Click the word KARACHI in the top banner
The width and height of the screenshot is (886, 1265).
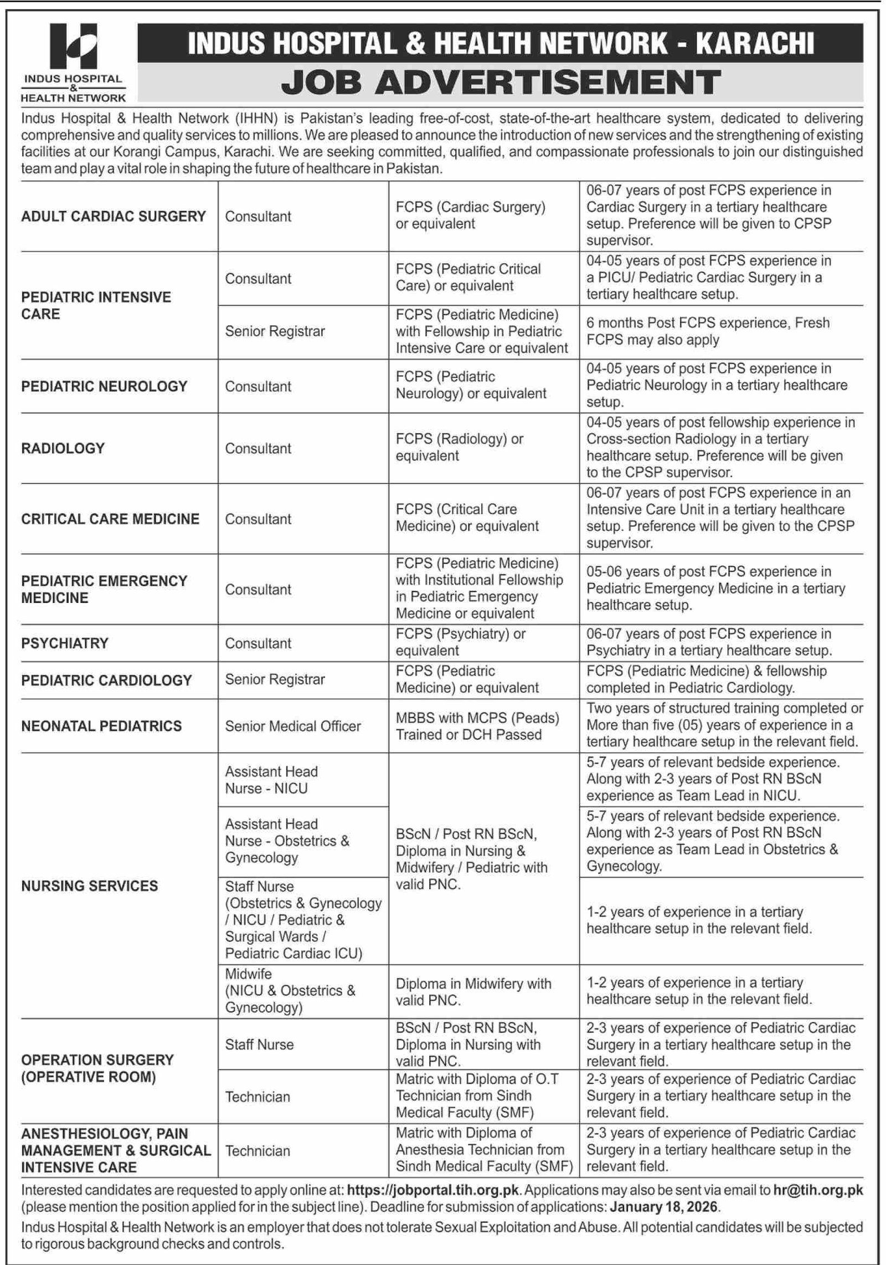point(754,43)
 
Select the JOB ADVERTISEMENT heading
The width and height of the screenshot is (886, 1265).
point(501,83)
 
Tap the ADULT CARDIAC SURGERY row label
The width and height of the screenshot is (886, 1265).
point(114,216)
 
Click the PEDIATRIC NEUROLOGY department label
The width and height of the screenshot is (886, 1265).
point(104,386)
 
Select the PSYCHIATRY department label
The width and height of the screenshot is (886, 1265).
point(65,643)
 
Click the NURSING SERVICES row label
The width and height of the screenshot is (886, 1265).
point(89,885)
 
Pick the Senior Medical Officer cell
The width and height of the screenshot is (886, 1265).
point(292,726)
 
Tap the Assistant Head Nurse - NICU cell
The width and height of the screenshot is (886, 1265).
point(271,780)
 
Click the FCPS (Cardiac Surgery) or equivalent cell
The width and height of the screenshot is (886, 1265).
point(470,216)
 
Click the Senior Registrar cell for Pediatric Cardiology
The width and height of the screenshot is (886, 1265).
point(275,679)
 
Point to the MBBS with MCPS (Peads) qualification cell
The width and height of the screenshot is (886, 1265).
point(477,726)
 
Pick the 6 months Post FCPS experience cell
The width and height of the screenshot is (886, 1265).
point(708,331)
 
